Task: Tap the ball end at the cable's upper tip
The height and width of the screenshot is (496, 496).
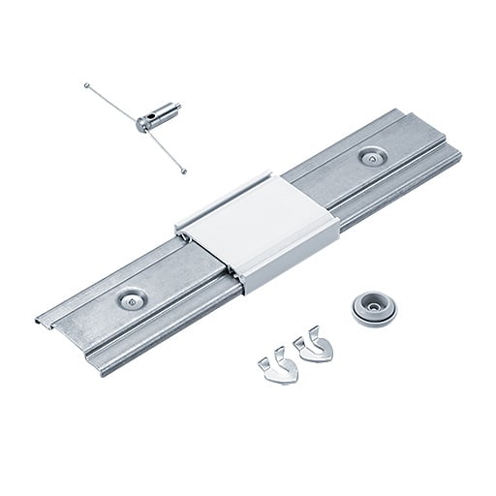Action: (87, 86)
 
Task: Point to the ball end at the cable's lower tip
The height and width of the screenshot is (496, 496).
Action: (184, 173)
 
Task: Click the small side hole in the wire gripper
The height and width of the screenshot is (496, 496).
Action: (144, 120)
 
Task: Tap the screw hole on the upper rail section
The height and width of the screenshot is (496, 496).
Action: (372, 156)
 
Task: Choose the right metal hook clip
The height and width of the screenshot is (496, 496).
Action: (314, 347)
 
